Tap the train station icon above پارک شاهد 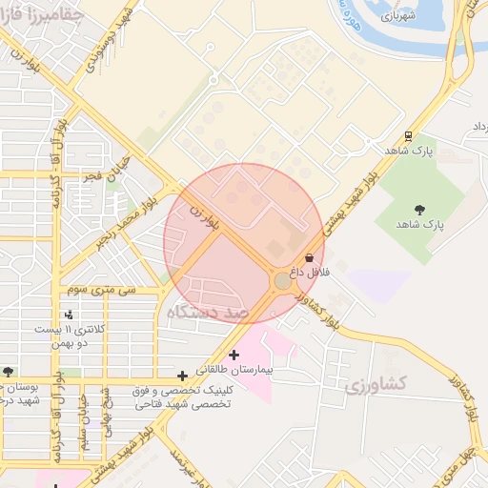tap(408, 135)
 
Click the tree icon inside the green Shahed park tap(419, 210)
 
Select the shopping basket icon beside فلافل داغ tap(308, 258)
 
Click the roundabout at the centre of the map tap(283, 281)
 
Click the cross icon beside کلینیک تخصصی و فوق tap(182, 376)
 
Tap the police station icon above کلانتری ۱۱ tap(69, 314)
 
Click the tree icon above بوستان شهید tap(9, 372)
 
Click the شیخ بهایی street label tap(107, 420)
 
